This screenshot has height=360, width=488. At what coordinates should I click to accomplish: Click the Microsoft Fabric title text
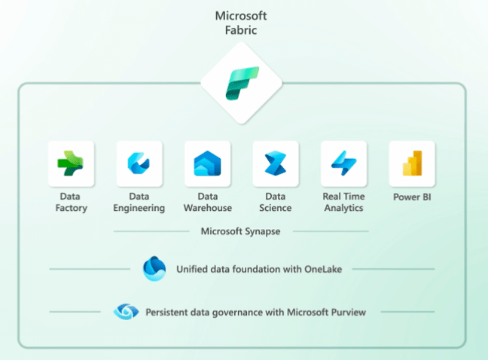(x=241, y=22)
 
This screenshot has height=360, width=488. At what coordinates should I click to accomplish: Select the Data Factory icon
(x=72, y=163)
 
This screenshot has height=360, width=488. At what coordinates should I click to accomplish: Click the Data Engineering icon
(x=139, y=163)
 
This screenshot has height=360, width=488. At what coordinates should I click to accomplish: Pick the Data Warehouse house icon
(x=207, y=163)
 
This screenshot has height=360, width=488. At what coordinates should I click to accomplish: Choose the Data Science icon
(x=275, y=163)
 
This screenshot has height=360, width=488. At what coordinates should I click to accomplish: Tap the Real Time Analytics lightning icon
(x=343, y=163)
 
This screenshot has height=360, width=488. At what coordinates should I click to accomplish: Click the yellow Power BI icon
(x=411, y=163)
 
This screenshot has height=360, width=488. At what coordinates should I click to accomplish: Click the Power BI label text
(x=412, y=197)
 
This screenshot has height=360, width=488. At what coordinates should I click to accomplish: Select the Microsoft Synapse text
(x=241, y=231)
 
